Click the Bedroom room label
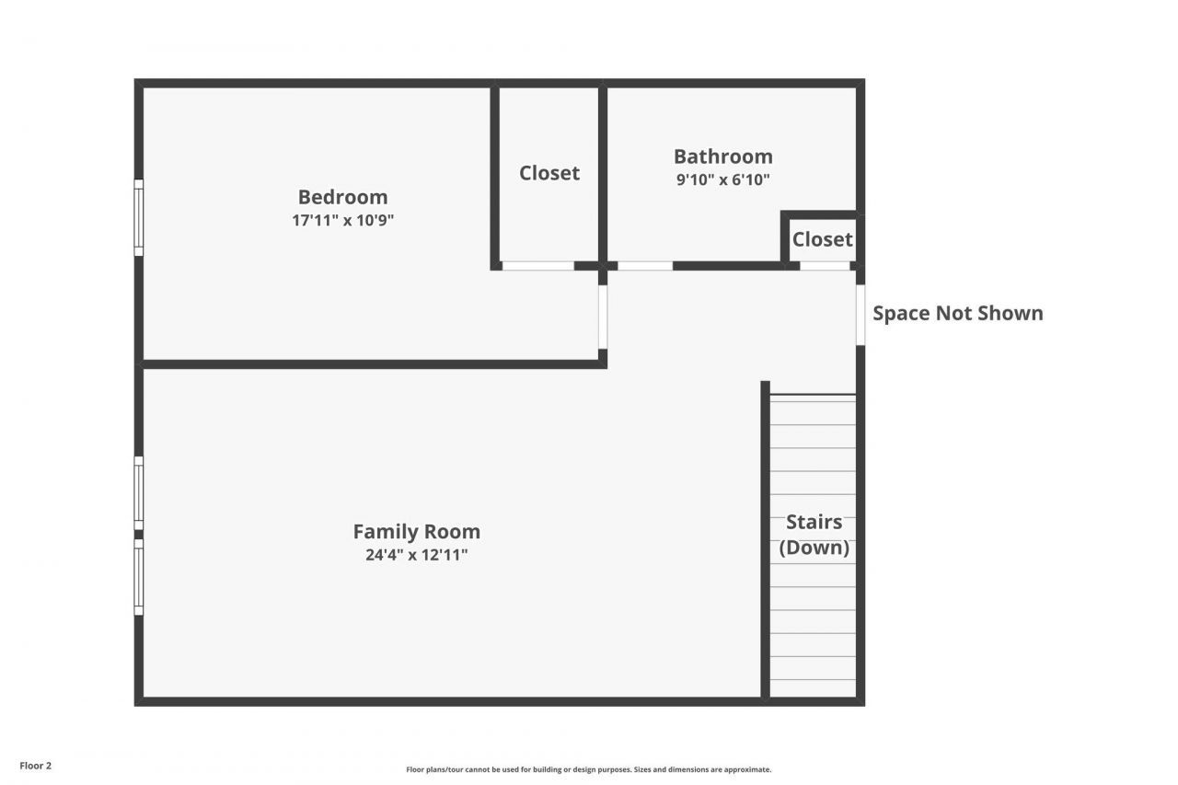342,197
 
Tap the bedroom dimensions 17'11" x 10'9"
342,221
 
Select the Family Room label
416,532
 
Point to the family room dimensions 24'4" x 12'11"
416,555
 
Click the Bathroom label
722,156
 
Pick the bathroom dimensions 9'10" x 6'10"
722,180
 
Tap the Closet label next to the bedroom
549,173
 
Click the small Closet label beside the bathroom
822,239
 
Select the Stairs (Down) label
814,535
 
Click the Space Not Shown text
957,313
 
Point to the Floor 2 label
36,766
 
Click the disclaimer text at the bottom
589,769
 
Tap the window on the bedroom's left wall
139,217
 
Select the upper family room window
139,493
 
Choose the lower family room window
139,577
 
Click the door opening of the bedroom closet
537,266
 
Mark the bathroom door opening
644,266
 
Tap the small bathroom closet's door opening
824,266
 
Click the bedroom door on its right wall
603,317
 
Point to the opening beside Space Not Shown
860,315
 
